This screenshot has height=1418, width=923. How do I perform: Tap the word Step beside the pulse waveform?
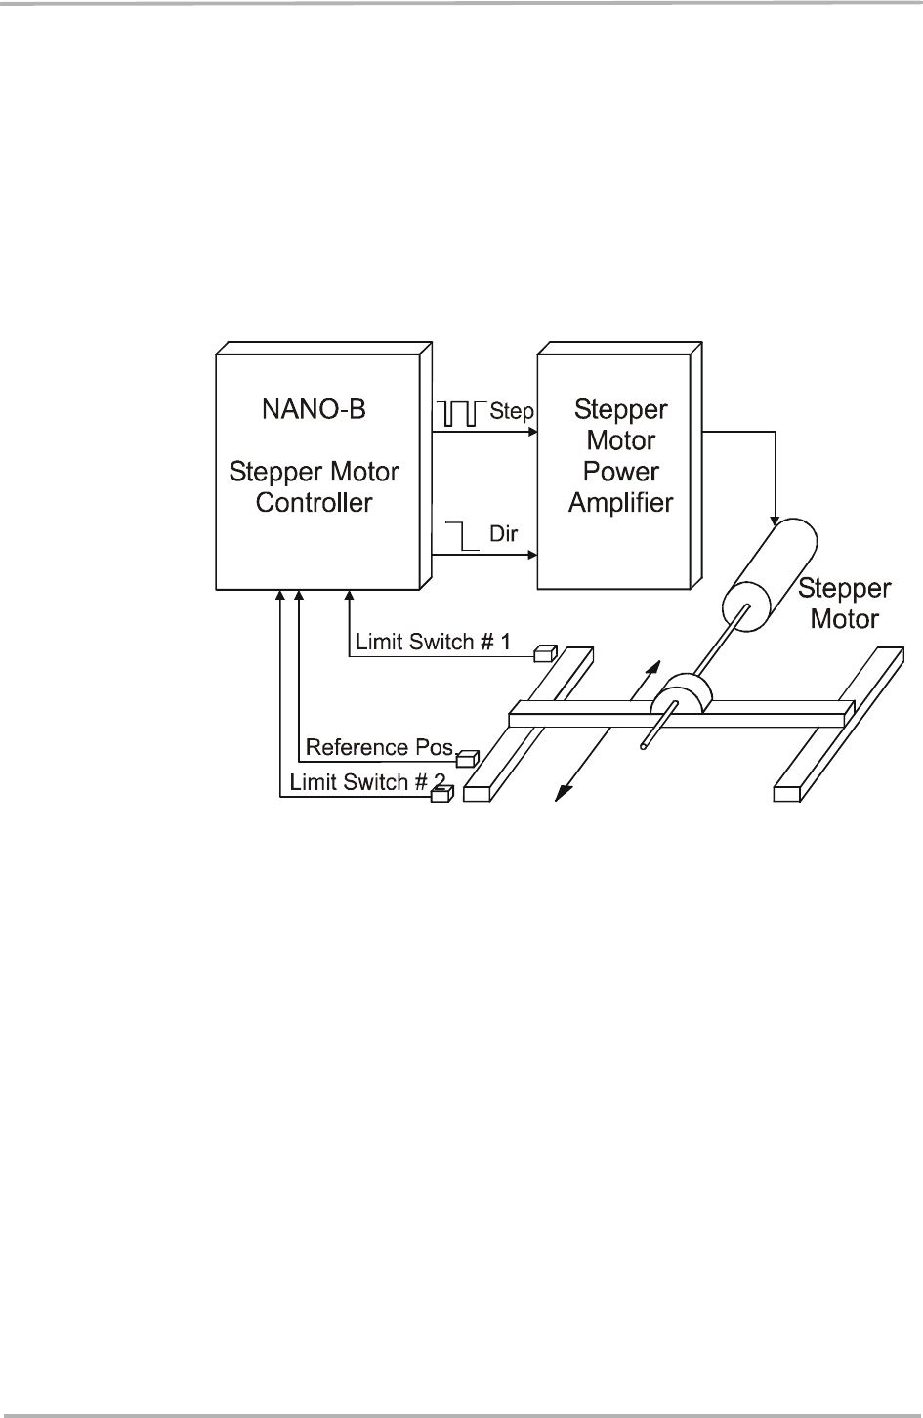(511, 411)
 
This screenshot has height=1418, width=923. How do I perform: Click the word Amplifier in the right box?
(620, 503)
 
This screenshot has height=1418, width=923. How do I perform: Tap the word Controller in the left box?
(314, 503)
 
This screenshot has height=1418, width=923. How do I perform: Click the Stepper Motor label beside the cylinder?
(845, 604)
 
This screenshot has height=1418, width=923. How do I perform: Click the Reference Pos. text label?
(380, 748)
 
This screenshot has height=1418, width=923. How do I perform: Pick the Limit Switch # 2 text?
(358, 782)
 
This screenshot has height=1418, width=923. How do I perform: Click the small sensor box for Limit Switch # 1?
(545, 652)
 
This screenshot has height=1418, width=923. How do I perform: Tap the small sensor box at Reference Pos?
(469, 756)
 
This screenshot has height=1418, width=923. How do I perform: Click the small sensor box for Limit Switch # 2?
(441, 795)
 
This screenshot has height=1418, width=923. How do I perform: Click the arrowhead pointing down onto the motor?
(775, 518)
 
